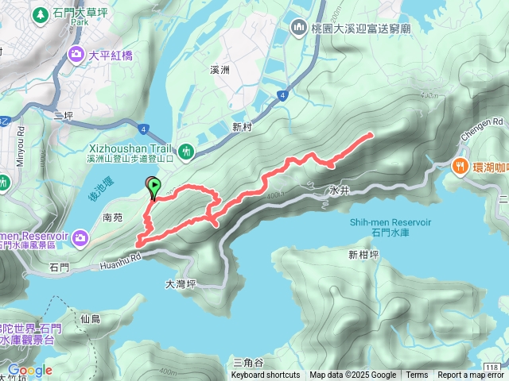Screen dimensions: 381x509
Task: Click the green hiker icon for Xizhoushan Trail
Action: coord(186,150)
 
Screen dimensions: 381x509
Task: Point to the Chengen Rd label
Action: coord(488,123)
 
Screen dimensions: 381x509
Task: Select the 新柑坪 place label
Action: coord(363,255)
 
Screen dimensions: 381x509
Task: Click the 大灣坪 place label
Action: coord(181,283)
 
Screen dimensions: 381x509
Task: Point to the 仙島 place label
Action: coord(91,319)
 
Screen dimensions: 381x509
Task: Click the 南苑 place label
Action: coord(113,216)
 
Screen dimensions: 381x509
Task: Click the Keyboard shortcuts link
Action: coord(266,375)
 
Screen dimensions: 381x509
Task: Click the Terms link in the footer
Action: coord(417,375)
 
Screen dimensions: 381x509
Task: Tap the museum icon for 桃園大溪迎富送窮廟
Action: coord(299,27)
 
